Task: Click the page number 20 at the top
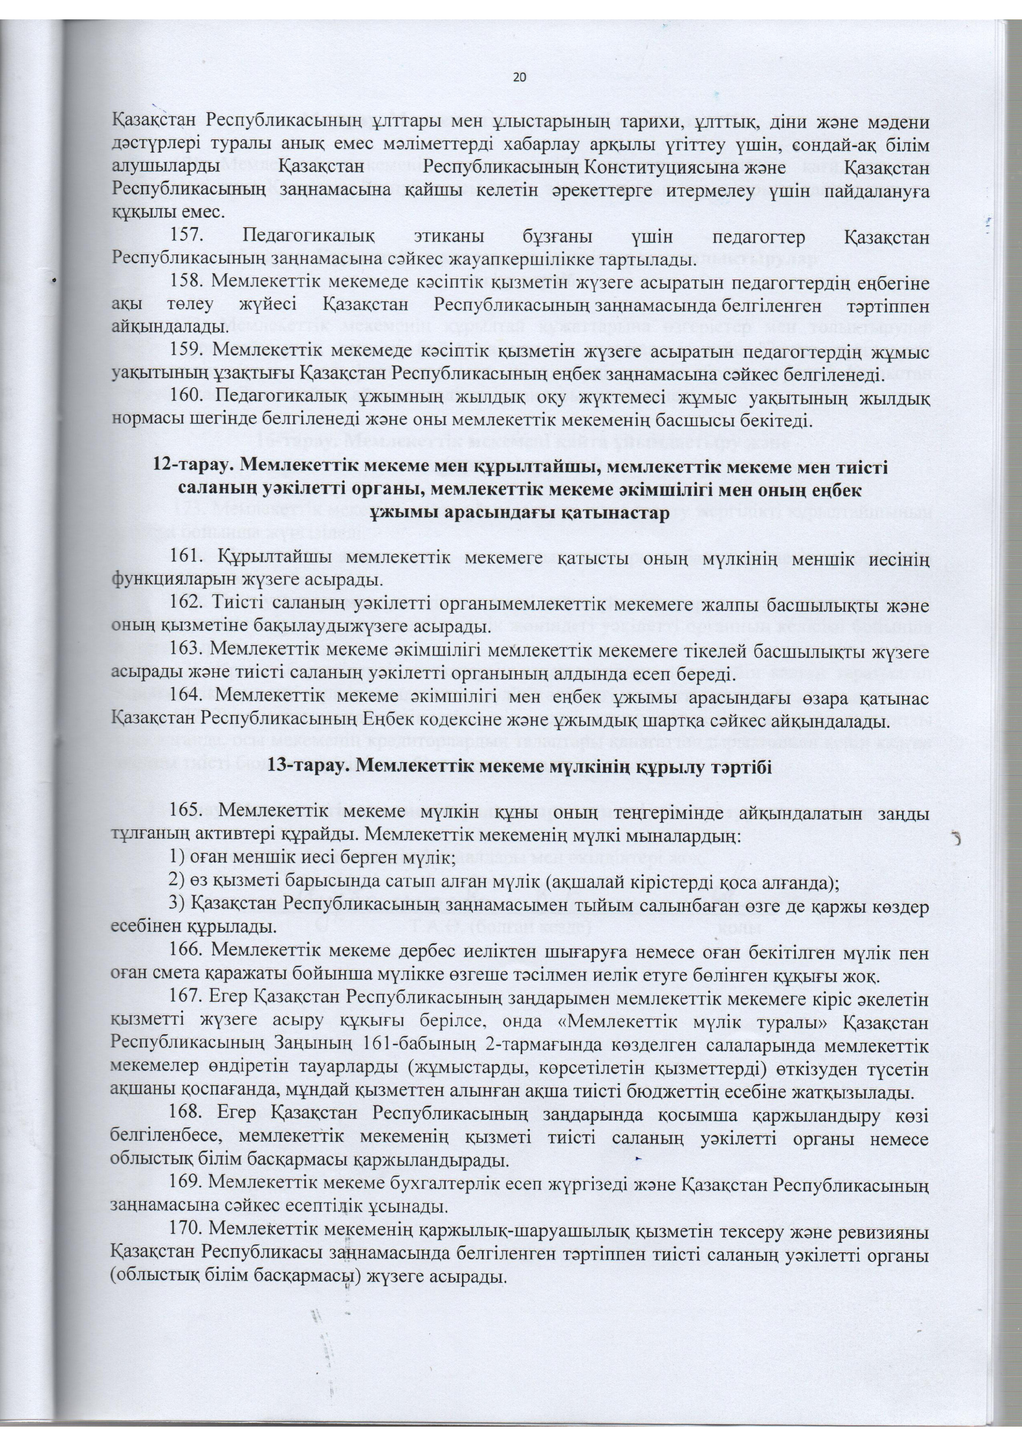pyautogui.click(x=520, y=77)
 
